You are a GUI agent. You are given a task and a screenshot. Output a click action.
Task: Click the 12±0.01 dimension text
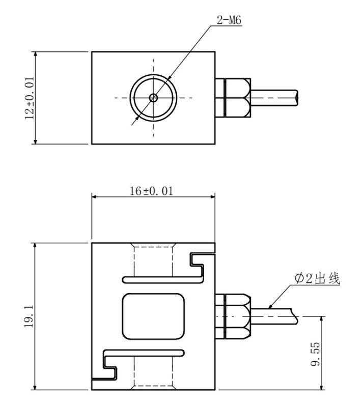click(29, 98)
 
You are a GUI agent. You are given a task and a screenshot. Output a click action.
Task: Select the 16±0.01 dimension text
click(152, 191)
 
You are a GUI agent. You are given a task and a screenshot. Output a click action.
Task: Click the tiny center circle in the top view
click(153, 97)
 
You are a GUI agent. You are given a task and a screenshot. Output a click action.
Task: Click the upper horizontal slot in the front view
click(160, 279)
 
